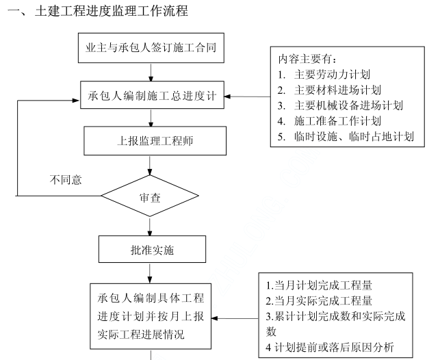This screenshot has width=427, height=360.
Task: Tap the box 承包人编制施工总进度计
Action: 151,95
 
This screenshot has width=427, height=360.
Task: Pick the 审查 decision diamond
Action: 151,197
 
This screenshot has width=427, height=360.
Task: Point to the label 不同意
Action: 66,180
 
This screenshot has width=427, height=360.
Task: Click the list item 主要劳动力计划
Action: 333,74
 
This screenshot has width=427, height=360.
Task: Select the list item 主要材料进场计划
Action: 338,90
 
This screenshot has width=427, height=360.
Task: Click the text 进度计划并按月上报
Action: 151,317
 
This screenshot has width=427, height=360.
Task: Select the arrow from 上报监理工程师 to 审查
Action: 151,168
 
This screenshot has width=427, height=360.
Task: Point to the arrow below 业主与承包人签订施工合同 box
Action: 151,70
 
